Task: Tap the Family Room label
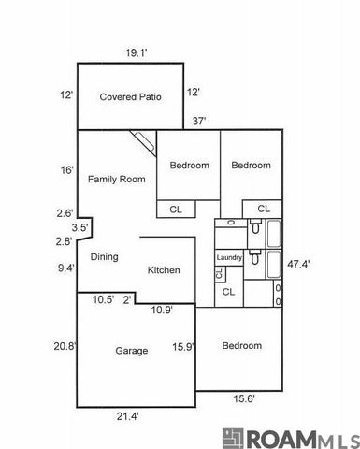[116, 179]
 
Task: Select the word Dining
[104, 256]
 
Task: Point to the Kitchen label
[164, 270]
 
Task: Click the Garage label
[132, 351]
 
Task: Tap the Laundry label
[229, 257]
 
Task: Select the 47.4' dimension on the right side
[298, 264]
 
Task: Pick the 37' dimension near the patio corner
[199, 121]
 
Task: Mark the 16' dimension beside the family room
[66, 169]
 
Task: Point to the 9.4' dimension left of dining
[65, 268]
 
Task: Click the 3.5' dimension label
[80, 227]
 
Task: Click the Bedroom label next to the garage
[242, 346]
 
